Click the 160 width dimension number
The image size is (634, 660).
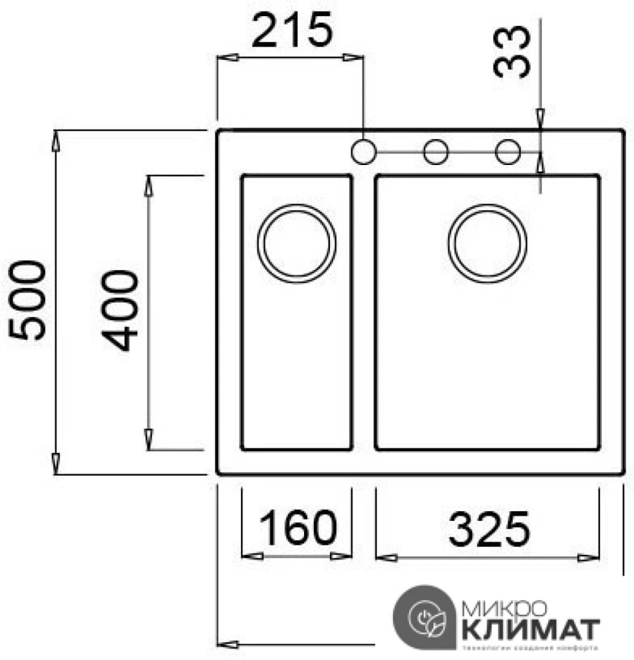pos(296,528)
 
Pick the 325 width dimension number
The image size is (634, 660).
pos(489,529)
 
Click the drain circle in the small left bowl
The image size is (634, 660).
pos(296,243)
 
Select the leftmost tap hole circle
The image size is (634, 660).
pos(363,151)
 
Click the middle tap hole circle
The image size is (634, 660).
pos(436,151)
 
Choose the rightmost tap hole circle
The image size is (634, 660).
pos(508,151)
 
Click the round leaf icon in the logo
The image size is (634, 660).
pos(427,620)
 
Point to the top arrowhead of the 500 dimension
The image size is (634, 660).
pos(55,142)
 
